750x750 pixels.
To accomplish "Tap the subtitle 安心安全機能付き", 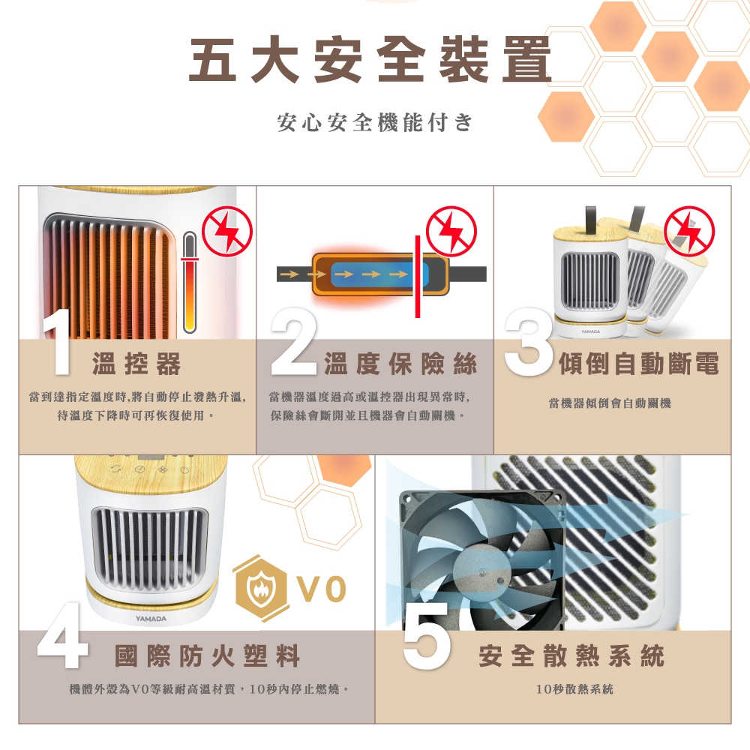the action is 375,123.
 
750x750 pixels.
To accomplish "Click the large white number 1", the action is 58,343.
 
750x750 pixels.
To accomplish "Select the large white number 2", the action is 294,341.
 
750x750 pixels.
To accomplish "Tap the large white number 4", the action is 62,634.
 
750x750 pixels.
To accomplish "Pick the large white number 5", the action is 426,634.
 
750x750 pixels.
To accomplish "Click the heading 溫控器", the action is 136,364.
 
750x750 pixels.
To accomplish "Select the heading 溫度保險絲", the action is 400,364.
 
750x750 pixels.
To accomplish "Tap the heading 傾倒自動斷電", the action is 639,364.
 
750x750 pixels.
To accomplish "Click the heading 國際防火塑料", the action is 207,655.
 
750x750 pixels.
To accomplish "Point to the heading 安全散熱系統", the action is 571,655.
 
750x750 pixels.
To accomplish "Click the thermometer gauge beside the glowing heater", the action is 190,282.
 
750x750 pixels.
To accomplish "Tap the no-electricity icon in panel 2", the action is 451,232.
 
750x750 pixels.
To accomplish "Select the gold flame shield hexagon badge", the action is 261,588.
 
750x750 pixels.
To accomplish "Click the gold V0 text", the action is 322,589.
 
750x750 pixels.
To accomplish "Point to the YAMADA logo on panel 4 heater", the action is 151,619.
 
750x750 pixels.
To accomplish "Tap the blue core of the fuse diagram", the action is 379,274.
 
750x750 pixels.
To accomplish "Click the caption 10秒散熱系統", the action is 574,689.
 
